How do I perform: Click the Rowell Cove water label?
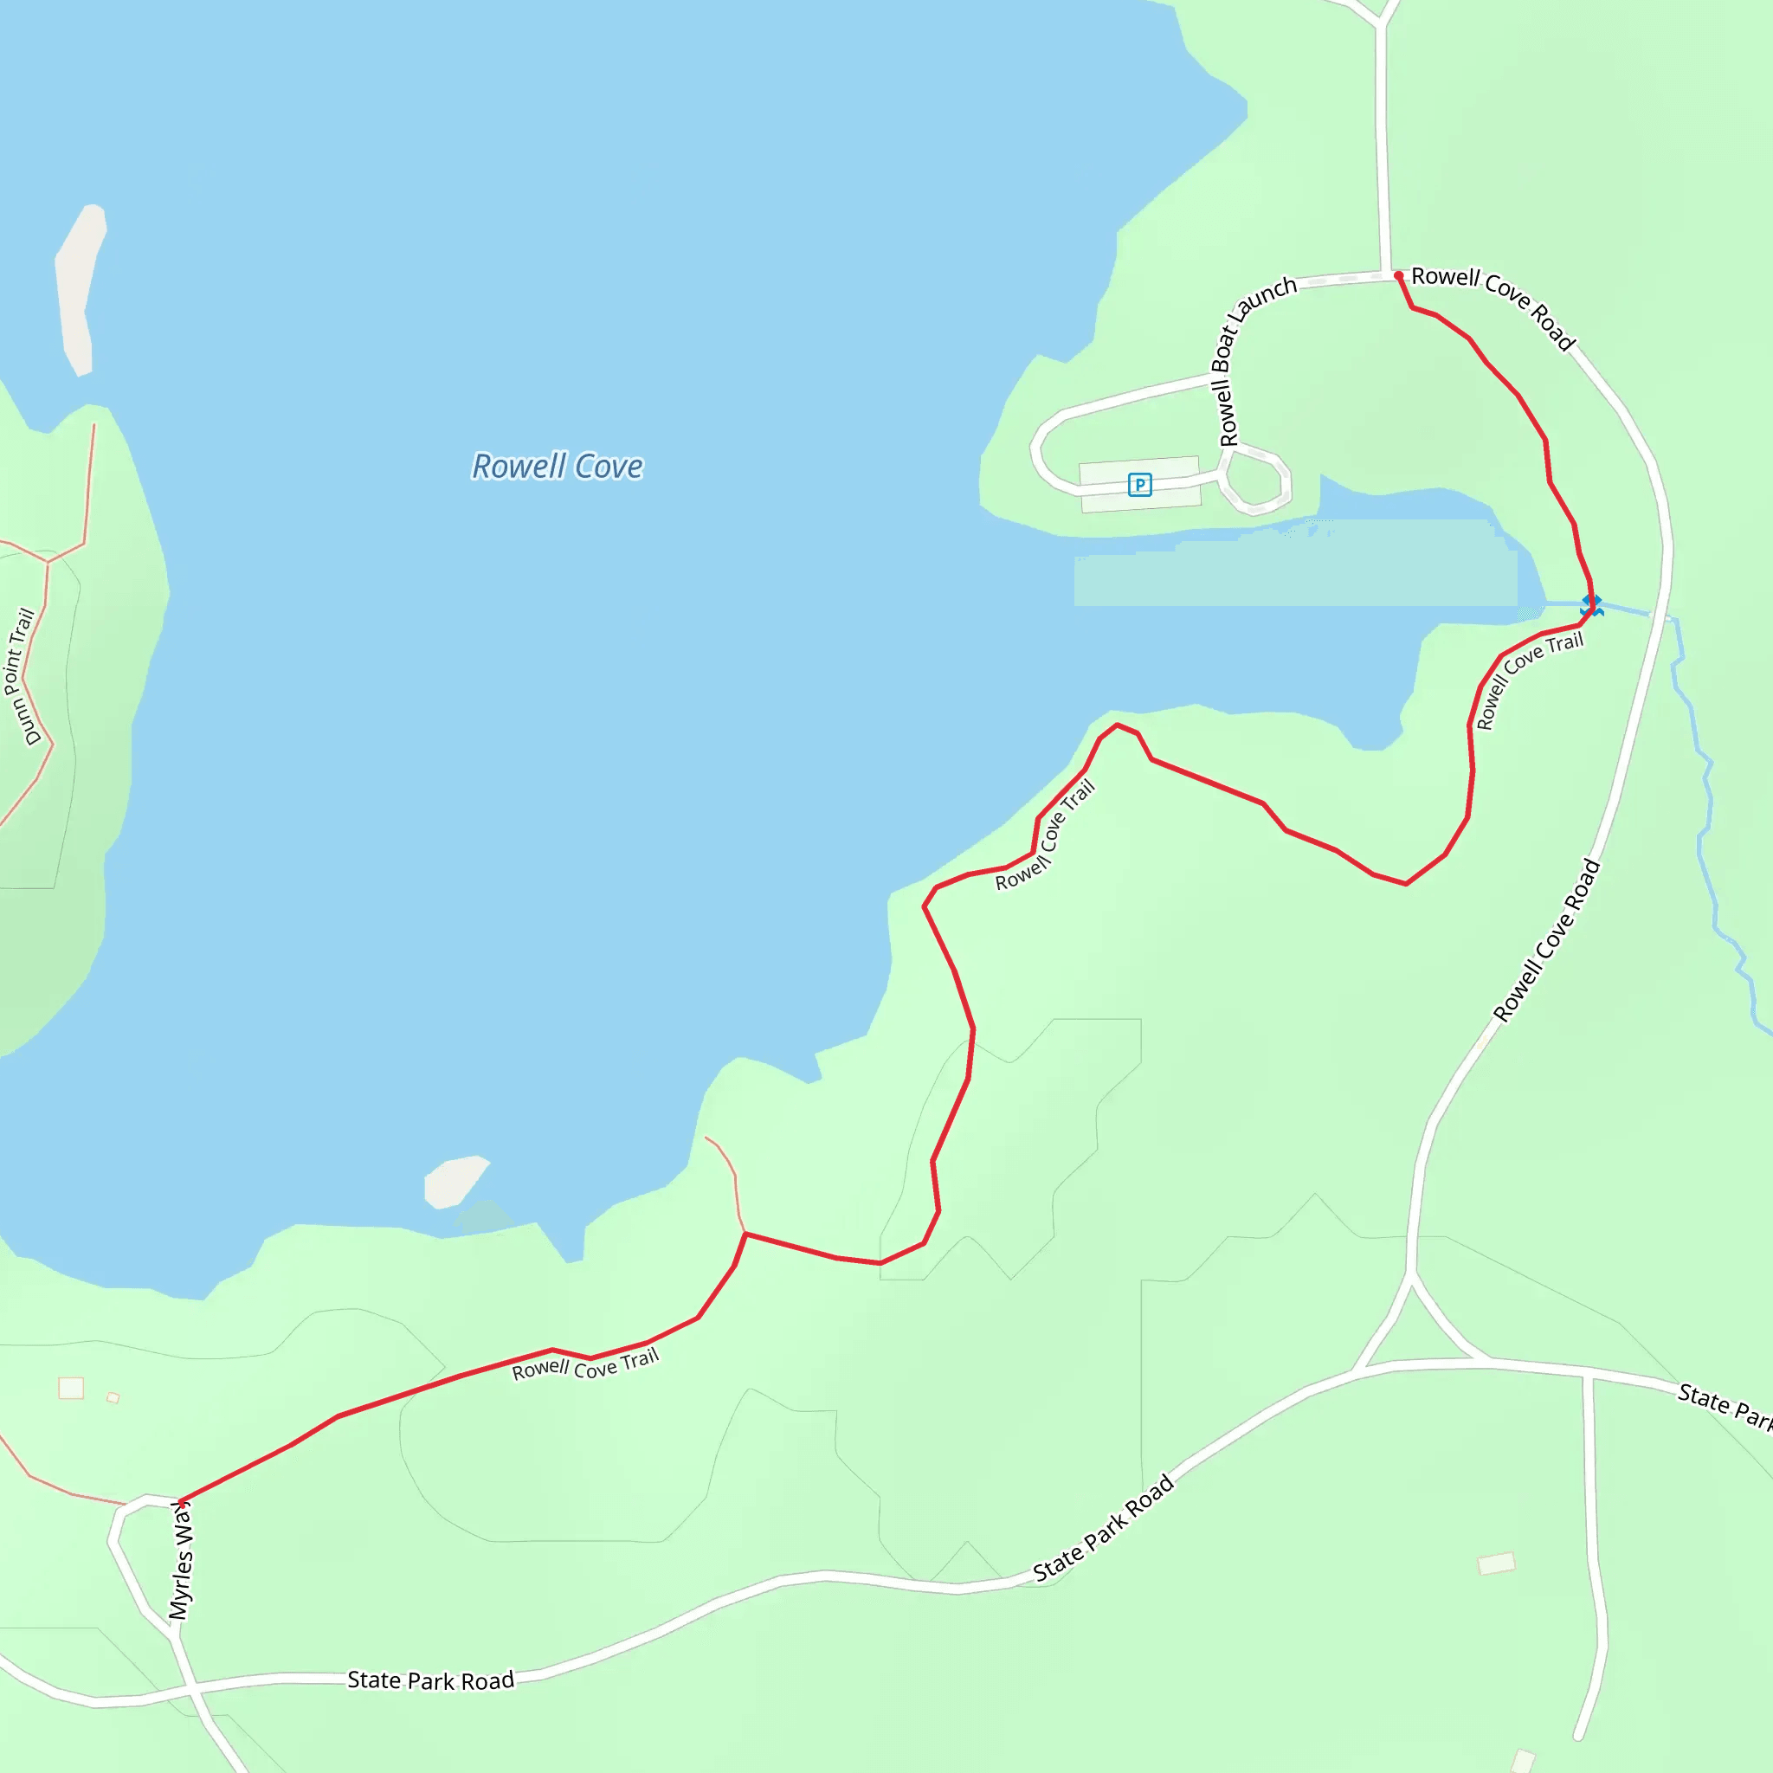click(557, 467)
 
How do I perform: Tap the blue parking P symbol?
click(1139, 485)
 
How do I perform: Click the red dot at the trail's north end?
click(1399, 275)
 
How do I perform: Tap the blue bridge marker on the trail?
click(1591, 605)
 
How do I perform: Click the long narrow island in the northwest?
click(79, 287)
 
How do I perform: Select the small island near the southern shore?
click(455, 1182)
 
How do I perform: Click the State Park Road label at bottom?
click(430, 1680)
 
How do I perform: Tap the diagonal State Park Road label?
click(1103, 1529)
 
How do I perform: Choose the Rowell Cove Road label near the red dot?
click(1493, 306)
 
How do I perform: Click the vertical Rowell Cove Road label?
click(1546, 942)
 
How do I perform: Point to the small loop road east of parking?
click(1255, 480)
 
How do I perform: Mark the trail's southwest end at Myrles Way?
click(181, 1502)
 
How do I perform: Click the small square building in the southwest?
click(72, 1388)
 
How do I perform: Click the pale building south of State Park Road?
click(1496, 1563)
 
